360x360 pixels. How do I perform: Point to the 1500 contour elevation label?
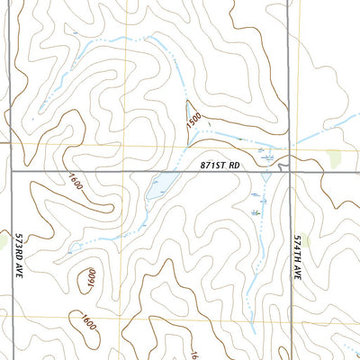[x=192, y=119]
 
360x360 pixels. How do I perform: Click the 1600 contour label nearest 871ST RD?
[x=75, y=180]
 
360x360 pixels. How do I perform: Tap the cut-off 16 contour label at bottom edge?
[x=194, y=355]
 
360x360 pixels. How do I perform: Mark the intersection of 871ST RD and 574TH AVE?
[x=291, y=170]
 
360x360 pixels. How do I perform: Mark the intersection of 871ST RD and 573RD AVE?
[x=11, y=170]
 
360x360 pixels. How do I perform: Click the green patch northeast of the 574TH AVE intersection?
[x=337, y=159]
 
